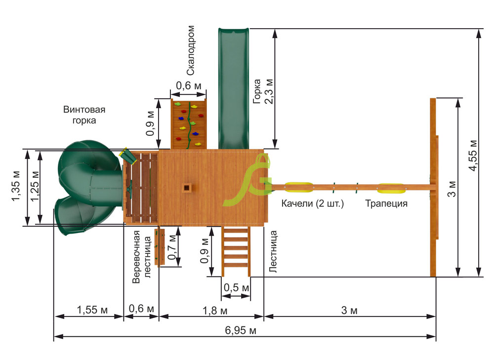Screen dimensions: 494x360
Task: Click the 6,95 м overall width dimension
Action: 241,330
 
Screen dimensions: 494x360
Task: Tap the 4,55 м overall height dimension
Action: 473,156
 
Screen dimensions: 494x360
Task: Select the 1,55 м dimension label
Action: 92,310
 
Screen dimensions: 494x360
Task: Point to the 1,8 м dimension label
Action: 215,311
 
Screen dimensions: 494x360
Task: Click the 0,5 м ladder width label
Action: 236,287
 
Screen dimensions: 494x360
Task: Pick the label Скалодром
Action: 191,51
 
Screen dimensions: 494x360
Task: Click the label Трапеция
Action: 386,203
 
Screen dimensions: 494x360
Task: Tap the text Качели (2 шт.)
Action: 313,203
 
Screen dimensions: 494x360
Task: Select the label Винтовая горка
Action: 84,115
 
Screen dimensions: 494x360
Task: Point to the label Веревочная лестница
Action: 141,257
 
